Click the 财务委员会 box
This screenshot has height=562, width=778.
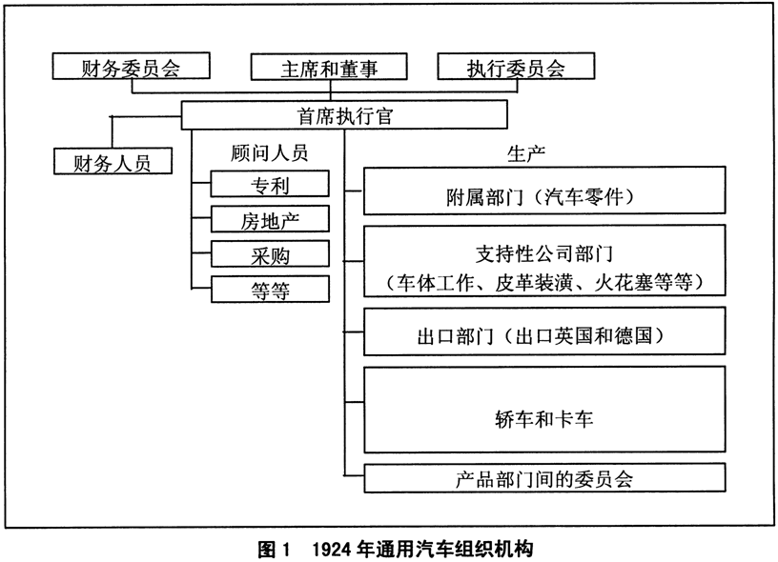(x=131, y=66)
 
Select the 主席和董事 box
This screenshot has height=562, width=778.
(x=329, y=67)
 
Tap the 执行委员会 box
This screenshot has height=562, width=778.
(x=516, y=66)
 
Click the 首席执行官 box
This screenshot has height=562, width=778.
(x=344, y=115)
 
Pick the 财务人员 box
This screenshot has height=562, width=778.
(x=113, y=161)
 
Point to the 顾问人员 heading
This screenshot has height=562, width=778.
(x=270, y=152)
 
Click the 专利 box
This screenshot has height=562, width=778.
(x=270, y=184)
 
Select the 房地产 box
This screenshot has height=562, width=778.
(x=270, y=219)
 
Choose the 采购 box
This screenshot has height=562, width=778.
(x=270, y=254)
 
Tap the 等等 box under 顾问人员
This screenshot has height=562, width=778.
(x=270, y=290)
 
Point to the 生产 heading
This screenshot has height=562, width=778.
(x=526, y=153)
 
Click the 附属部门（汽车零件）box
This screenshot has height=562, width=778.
(x=544, y=191)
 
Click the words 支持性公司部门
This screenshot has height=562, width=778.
(x=544, y=253)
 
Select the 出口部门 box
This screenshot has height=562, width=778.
(x=544, y=331)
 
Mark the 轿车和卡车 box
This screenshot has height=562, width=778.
(x=544, y=410)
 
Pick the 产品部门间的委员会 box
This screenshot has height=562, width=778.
(x=544, y=478)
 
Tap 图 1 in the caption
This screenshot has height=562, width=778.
(x=273, y=549)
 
